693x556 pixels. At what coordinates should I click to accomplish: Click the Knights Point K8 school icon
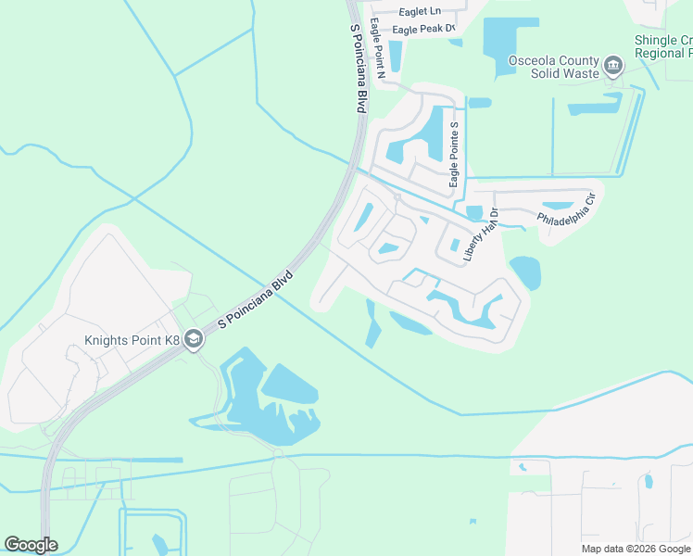[x=194, y=340]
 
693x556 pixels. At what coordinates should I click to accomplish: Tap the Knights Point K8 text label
[x=132, y=340]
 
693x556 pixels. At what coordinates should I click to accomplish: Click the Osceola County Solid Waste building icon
[x=612, y=66]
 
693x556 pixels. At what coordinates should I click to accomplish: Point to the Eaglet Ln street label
[x=421, y=11]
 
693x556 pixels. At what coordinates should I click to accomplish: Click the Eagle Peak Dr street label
[x=424, y=30]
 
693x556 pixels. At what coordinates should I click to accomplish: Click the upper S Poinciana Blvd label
[x=359, y=69]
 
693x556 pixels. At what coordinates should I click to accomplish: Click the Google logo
[x=31, y=545]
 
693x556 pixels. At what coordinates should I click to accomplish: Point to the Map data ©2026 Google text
[x=636, y=549]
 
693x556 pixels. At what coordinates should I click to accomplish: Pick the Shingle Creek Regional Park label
[x=663, y=47]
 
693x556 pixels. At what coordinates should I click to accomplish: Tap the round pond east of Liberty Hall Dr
[x=524, y=272]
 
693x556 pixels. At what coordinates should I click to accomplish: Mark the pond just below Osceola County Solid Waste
[x=595, y=105]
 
